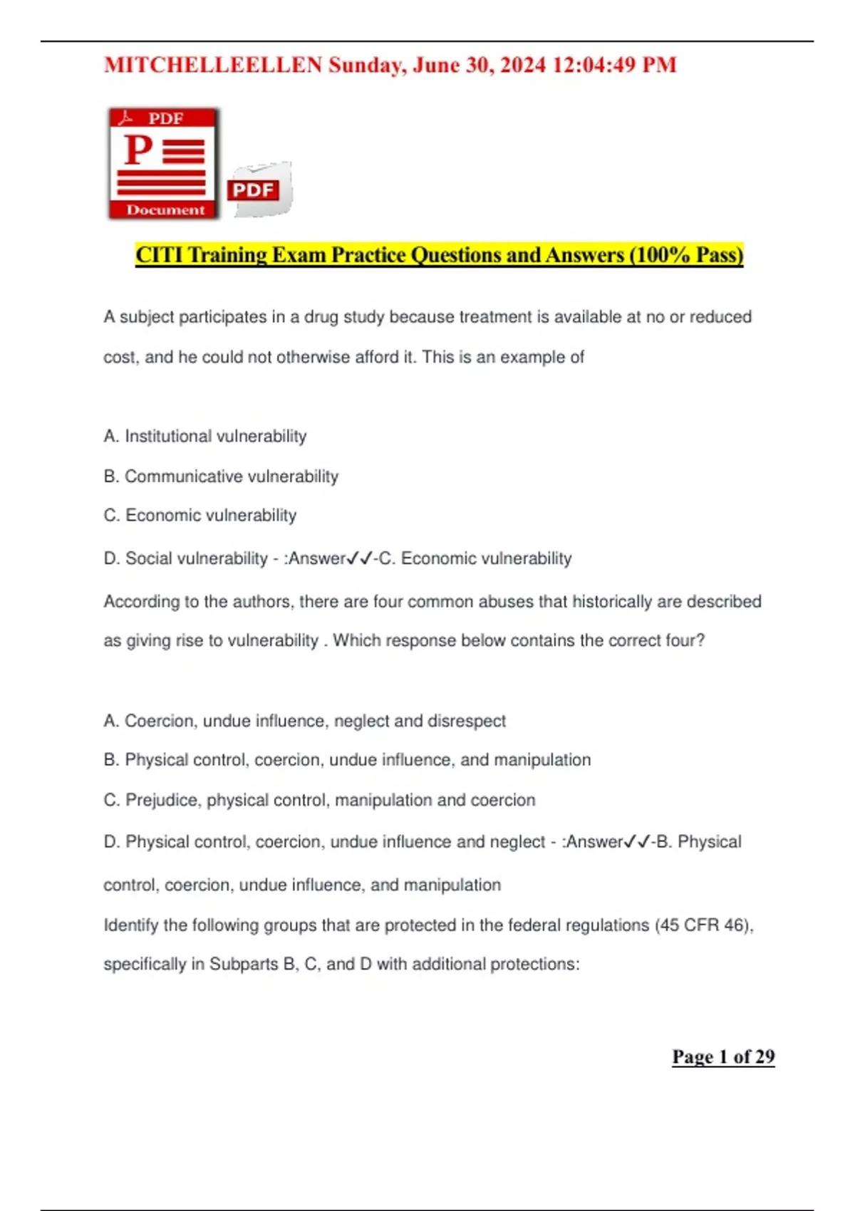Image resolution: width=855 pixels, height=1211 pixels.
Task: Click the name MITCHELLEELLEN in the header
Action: (213, 65)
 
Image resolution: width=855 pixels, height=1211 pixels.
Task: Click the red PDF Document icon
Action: (164, 163)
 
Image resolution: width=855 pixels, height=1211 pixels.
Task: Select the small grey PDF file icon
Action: (259, 189)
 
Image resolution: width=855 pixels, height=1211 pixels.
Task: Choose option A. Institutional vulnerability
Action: (205, 436)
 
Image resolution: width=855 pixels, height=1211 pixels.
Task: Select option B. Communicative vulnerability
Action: (221, 476)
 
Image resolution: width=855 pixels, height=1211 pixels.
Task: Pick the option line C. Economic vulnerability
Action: (200, 515)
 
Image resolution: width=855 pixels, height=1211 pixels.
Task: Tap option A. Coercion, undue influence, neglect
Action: (305, 721)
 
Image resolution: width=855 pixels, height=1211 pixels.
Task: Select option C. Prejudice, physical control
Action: (319, 800)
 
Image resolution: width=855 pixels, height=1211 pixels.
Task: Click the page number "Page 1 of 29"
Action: (723, 1056)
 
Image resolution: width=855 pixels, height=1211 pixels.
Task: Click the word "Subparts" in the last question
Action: (244, 964)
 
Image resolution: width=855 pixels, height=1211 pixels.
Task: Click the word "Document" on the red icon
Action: (165, 209)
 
